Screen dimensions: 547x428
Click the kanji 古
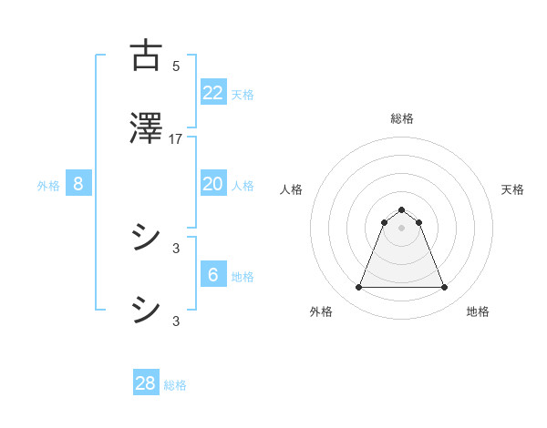coord(146,56)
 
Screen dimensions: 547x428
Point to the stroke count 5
coord(176,66)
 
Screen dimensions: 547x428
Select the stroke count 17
coord(176,138)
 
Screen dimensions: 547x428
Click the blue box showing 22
coord(212,92)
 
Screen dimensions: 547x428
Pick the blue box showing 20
coord(212,184)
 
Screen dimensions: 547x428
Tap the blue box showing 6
coord(212,275)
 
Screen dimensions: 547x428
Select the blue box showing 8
coord(78,184)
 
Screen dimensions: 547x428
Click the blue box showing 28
coord(146,383)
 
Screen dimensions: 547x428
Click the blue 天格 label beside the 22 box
coord(243,94)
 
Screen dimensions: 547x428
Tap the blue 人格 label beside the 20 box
coord(243,186)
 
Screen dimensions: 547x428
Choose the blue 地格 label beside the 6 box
coord(243,277)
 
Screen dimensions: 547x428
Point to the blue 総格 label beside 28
coord(175,385)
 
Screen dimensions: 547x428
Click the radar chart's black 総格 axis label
coord(401,118)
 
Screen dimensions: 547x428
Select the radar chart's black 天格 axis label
coord(512,189)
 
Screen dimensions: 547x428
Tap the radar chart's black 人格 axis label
coord(291,189)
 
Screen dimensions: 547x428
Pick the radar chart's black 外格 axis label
coord(321,311)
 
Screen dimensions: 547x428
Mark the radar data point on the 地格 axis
coord(444,288)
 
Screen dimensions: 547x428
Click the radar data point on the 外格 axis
coord(358,288)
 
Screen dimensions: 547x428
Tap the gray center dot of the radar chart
coord(401,228)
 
